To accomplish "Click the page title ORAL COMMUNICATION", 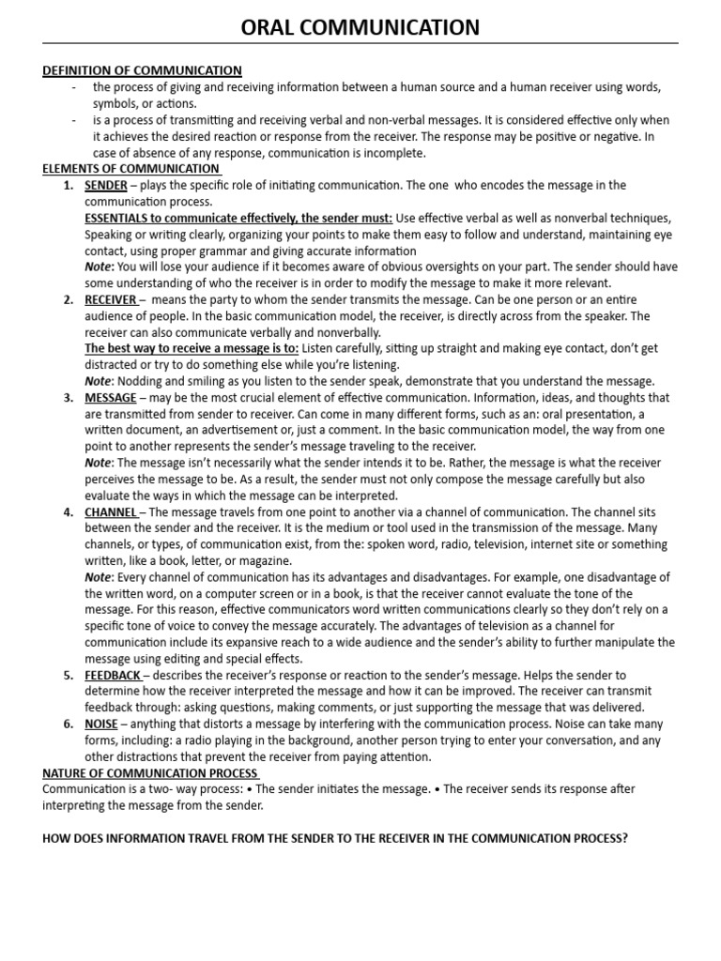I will (360, 27).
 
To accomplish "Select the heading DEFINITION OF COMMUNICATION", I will (142, 70).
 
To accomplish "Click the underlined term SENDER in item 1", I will (105, 185).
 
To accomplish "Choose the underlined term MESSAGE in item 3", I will (110, 398).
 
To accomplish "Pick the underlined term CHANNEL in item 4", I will (111, 512).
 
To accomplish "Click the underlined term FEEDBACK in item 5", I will (113, 676).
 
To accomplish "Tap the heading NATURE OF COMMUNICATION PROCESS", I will (150, 773).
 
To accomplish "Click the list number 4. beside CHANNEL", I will (69, 512).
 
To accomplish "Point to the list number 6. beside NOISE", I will (69, 725).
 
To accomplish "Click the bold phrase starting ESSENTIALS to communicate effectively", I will (238, 218).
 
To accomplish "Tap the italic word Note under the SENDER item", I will (98, 267).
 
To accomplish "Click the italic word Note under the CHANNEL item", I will (98, 577).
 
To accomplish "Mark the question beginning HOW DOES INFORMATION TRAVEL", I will (334, 838).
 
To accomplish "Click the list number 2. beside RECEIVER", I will (69, 299).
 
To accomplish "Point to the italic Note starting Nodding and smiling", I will (98, 381).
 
